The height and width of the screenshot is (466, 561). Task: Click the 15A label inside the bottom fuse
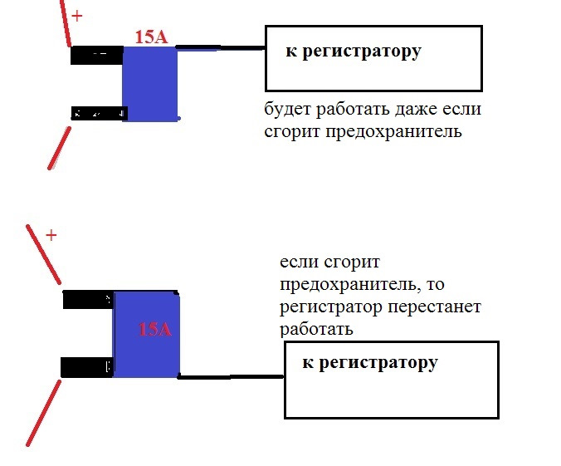(x=154, y=329)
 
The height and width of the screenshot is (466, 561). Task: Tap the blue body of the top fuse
(x=150, y=84)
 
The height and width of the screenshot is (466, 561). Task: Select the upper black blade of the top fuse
(x=96, y=55)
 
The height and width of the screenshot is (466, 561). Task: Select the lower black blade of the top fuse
(x=96, y=113)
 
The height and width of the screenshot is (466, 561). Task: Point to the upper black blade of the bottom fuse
(x=88, y=300)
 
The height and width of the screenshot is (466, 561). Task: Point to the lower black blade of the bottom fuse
(x=87, y=366)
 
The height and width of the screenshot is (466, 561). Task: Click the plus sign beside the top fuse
(x=77, y=16)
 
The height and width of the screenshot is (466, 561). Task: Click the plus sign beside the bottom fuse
(x=51, y=235)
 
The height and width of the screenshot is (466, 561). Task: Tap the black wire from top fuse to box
(x=221, y=48)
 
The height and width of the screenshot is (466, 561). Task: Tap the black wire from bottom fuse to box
(x=232, y=377)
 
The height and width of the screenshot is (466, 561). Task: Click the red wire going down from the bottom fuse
(x=43, y=413)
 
